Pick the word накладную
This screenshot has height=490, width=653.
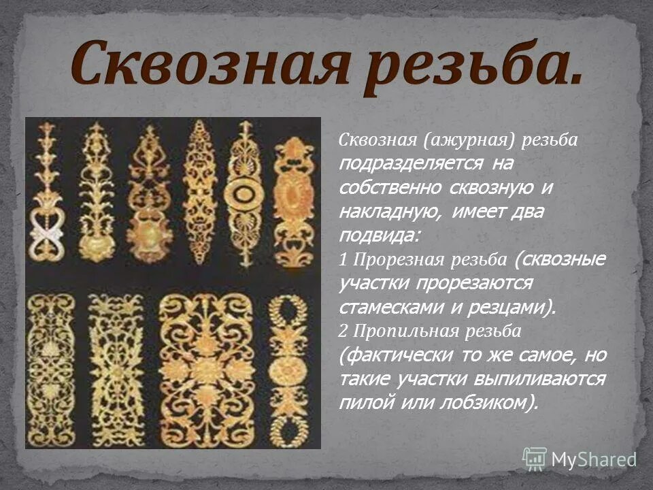click(389, 212)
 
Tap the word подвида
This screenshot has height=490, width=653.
click(378, 235)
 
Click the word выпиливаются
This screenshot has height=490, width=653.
click(541, 379)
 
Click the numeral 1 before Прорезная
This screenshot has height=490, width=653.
click(342, 260)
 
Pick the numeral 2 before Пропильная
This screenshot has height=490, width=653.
click(343, 331)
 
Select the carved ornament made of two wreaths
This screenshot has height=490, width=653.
click(288, 368)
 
